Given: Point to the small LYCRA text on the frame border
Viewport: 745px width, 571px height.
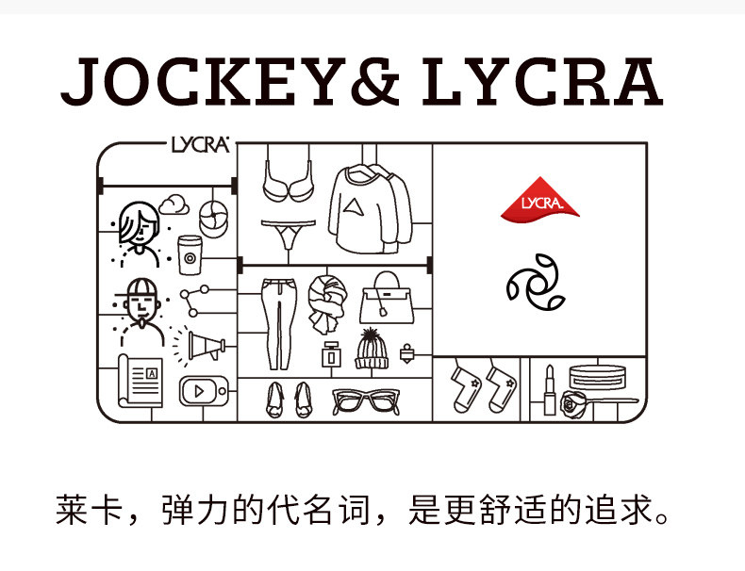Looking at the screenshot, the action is [200, 145].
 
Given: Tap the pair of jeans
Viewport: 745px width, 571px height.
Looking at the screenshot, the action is [275, 320].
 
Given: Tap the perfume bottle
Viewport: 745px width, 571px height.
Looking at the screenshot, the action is [331, 355].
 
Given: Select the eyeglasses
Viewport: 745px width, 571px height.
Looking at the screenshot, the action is [365, 400].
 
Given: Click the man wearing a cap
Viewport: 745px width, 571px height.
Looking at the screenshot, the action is [138, 302].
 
